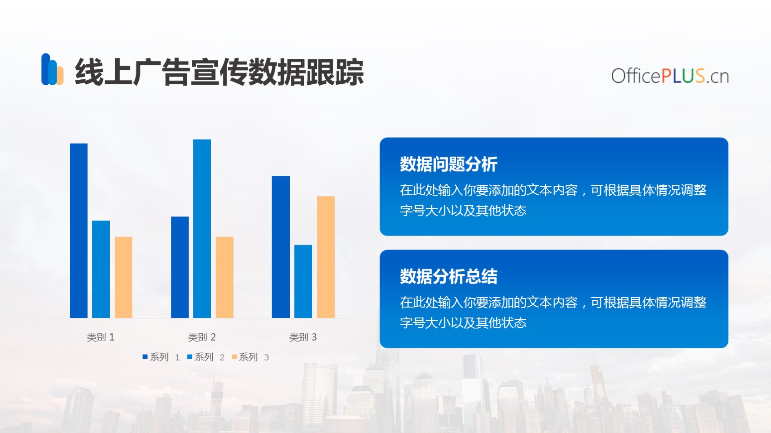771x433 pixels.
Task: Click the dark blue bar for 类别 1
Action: [78, 231]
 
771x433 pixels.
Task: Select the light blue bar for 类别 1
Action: [101, 269]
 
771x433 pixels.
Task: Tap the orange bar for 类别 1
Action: [123, 277]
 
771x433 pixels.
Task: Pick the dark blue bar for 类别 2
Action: [180, 267]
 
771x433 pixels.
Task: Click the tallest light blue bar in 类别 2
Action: [202, 229]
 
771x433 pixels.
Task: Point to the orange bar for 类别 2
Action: [224, 277]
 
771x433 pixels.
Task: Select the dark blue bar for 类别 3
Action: [281, 247]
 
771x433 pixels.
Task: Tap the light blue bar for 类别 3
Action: [303, 281]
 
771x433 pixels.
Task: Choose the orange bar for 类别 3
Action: [326, 257]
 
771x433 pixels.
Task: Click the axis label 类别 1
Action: [101, 337]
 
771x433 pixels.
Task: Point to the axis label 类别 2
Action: [202, 337]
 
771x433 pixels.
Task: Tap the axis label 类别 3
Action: [303, 337]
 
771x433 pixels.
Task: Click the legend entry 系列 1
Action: [161, 357]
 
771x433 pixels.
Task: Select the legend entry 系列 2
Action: [206, 357]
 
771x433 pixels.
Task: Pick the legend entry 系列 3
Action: [250, 357]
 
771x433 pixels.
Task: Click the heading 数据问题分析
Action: [449, 164]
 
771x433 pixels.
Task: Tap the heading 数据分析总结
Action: [449, 276]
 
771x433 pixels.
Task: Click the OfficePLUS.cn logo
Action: [670, 76]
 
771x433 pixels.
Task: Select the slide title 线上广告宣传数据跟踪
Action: [219, 72]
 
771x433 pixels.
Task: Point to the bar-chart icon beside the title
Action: [52, 69]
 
